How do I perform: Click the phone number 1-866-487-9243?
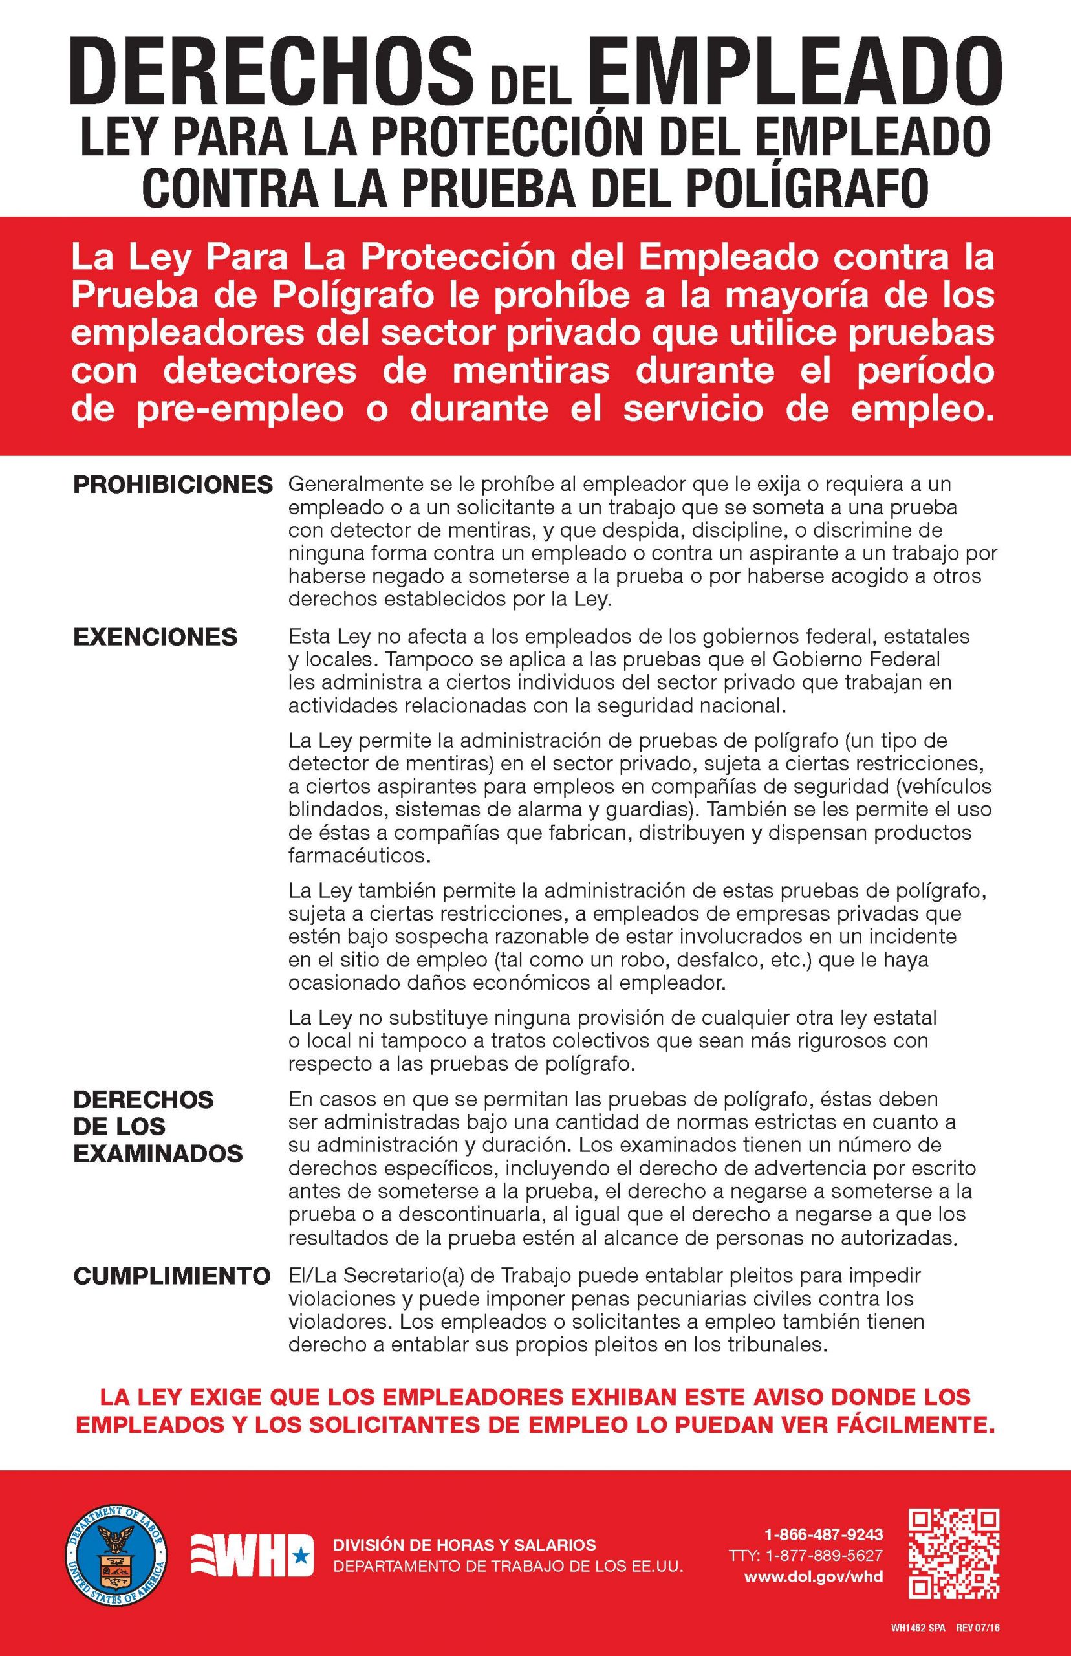coord(823,1534)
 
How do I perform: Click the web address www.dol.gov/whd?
coord(813,1578)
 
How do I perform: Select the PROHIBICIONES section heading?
coord(173,485)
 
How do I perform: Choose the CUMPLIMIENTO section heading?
coord(172,1276)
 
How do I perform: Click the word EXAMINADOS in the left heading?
coord(158,1153)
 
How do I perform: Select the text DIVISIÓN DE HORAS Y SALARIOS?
coord(464,1545)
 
